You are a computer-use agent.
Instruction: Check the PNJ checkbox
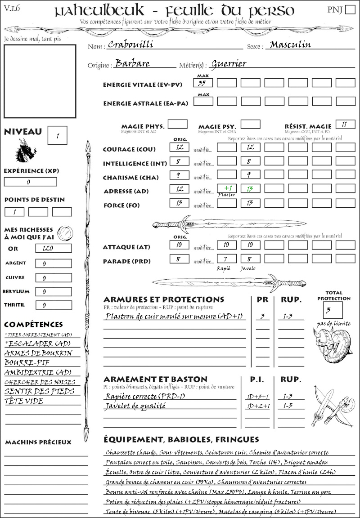[349, 10]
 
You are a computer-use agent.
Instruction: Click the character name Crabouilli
[128, 45]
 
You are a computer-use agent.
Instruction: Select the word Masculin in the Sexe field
[290, 45]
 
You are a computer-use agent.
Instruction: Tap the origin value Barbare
[132, 63]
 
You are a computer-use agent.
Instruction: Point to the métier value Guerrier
[229, 64]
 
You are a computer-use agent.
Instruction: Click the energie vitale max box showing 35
[203, 83]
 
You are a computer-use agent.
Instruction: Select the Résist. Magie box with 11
[345, 124]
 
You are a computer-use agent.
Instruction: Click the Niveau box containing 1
[58, 135]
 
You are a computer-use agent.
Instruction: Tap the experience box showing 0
[30, 182]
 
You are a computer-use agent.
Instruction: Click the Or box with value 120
[53, 248]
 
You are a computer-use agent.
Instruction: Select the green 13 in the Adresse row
[250, 189]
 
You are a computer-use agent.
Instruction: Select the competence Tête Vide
[24, 401]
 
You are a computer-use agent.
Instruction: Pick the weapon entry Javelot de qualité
[135, 406]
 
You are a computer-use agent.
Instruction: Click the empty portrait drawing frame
[40, 81]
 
